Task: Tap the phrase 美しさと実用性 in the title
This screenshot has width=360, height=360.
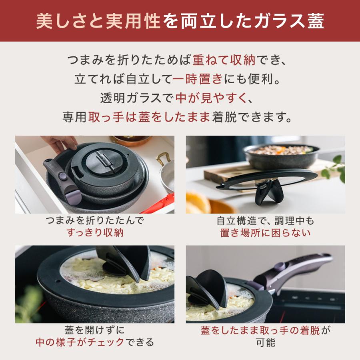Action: pyautogui.click(x=98, y=21)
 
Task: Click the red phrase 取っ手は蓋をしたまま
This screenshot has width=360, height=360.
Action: pyautogui.click(x=149, y=117)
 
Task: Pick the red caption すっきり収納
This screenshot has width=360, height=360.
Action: pyautogui.click(x=95, y=233)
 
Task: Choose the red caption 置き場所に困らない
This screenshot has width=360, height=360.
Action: pyautogui.click(x=265, y=233)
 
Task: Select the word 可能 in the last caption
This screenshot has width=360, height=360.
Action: pyautogui.click(x=265, y=343)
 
